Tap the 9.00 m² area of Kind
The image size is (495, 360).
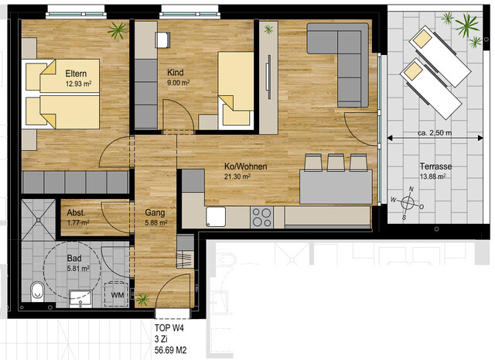tap(179, 82)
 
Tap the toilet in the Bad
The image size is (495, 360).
tap(36, 292)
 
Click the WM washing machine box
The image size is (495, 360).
tap(118, 294)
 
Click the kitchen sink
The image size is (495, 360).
tap(216, 216)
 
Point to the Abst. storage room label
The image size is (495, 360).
tap(76, 212)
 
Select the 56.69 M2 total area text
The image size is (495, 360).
tap(171, 350)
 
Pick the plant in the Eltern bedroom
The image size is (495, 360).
tap(118, 31)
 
